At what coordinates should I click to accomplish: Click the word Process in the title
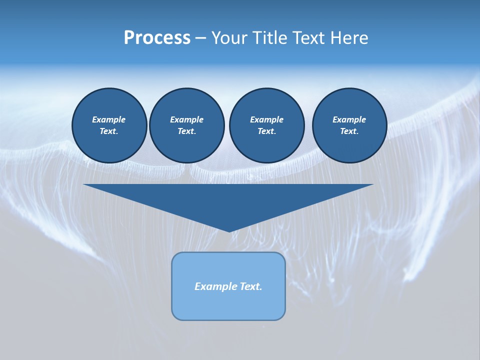click(157, 38)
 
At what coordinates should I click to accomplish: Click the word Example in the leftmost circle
click(109, 119)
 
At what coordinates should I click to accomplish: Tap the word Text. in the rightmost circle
click(349, 131)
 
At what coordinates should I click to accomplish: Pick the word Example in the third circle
click(266, 119)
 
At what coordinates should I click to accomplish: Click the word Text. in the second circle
click(186, 131)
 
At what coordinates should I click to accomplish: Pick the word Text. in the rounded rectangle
click(250, 286)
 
